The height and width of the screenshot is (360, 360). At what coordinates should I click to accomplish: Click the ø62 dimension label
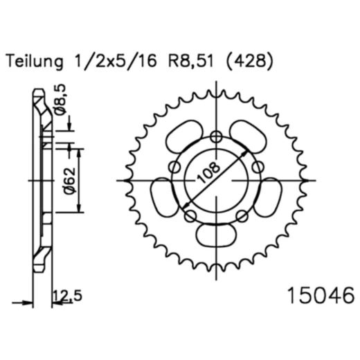62,183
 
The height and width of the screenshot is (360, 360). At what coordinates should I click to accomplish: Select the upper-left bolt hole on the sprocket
174,166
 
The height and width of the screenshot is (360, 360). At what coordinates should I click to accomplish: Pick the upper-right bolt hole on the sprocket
257,166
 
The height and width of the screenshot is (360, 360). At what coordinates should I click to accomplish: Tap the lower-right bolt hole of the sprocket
242,217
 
